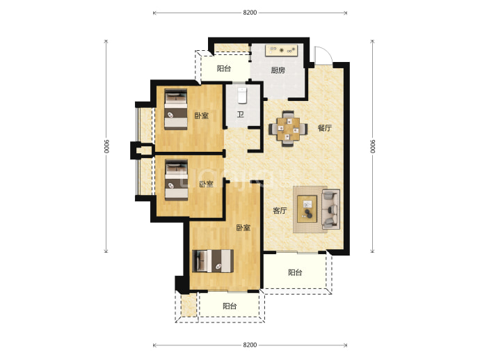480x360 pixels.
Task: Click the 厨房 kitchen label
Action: point(278,70)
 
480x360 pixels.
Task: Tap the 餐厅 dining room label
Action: point(324,127)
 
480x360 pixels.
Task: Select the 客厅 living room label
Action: point(280,210)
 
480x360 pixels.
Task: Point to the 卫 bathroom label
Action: point(241,115)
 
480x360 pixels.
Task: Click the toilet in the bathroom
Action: point(242,95)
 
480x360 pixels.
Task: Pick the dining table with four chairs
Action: point(288,129)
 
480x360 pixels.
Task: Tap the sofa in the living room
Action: point(331,210)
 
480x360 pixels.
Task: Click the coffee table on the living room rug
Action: point(307,209)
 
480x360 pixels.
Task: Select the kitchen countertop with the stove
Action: point(282,50)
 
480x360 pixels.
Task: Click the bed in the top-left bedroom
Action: point(176,109)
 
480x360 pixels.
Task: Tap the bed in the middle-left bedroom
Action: point(177,180)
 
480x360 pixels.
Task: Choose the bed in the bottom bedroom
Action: point(213,261)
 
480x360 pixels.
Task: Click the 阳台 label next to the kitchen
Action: point(224,68)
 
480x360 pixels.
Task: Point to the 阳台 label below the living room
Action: point(295,272)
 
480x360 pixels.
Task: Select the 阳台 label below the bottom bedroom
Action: point(230,306)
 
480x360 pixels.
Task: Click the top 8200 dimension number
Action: point(250,13)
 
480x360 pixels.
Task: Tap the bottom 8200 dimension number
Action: point(250,345)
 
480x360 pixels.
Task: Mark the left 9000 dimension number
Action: point(106,146)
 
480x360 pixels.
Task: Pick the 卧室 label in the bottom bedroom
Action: point(243,228)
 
